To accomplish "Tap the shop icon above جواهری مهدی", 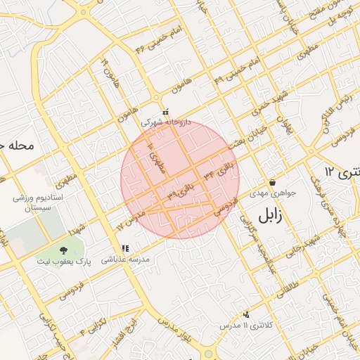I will [272, 182].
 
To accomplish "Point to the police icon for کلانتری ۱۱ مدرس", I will [245, 315].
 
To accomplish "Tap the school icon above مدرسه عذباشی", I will [125, 248].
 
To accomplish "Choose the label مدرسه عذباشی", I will [126, 259].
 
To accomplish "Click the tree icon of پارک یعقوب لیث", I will [64, 250].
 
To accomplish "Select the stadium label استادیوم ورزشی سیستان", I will [39, 203].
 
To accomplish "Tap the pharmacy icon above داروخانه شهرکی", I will [165, 112].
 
